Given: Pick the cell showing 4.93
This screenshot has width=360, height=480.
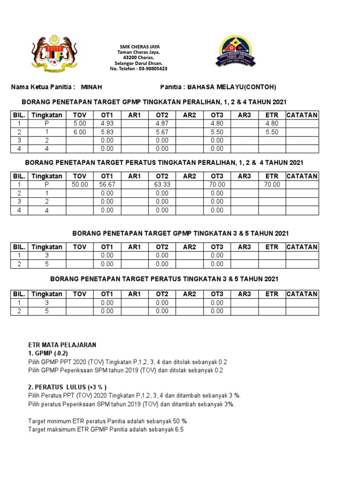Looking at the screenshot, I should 107,123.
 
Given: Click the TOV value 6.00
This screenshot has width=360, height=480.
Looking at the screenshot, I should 80,132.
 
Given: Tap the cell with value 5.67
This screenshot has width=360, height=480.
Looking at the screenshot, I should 162,132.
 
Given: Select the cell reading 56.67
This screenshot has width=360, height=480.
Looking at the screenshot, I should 107,185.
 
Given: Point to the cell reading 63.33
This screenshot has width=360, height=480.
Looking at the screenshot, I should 162,185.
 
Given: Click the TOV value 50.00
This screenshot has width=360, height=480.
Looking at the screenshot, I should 80,185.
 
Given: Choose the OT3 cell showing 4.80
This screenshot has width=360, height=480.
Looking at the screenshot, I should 217,123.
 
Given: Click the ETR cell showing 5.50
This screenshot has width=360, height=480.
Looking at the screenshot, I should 272,132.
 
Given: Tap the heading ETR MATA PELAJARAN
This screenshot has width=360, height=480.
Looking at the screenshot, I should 62,345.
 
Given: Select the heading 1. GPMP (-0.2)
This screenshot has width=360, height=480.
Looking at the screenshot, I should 49,353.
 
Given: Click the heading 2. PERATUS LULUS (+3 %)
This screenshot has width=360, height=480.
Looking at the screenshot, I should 67,387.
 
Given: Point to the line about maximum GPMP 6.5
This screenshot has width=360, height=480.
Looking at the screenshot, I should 105,429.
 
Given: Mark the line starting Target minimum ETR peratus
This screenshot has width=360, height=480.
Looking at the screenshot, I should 107,420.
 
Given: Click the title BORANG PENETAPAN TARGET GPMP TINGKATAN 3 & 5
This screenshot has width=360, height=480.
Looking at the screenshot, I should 180,233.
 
